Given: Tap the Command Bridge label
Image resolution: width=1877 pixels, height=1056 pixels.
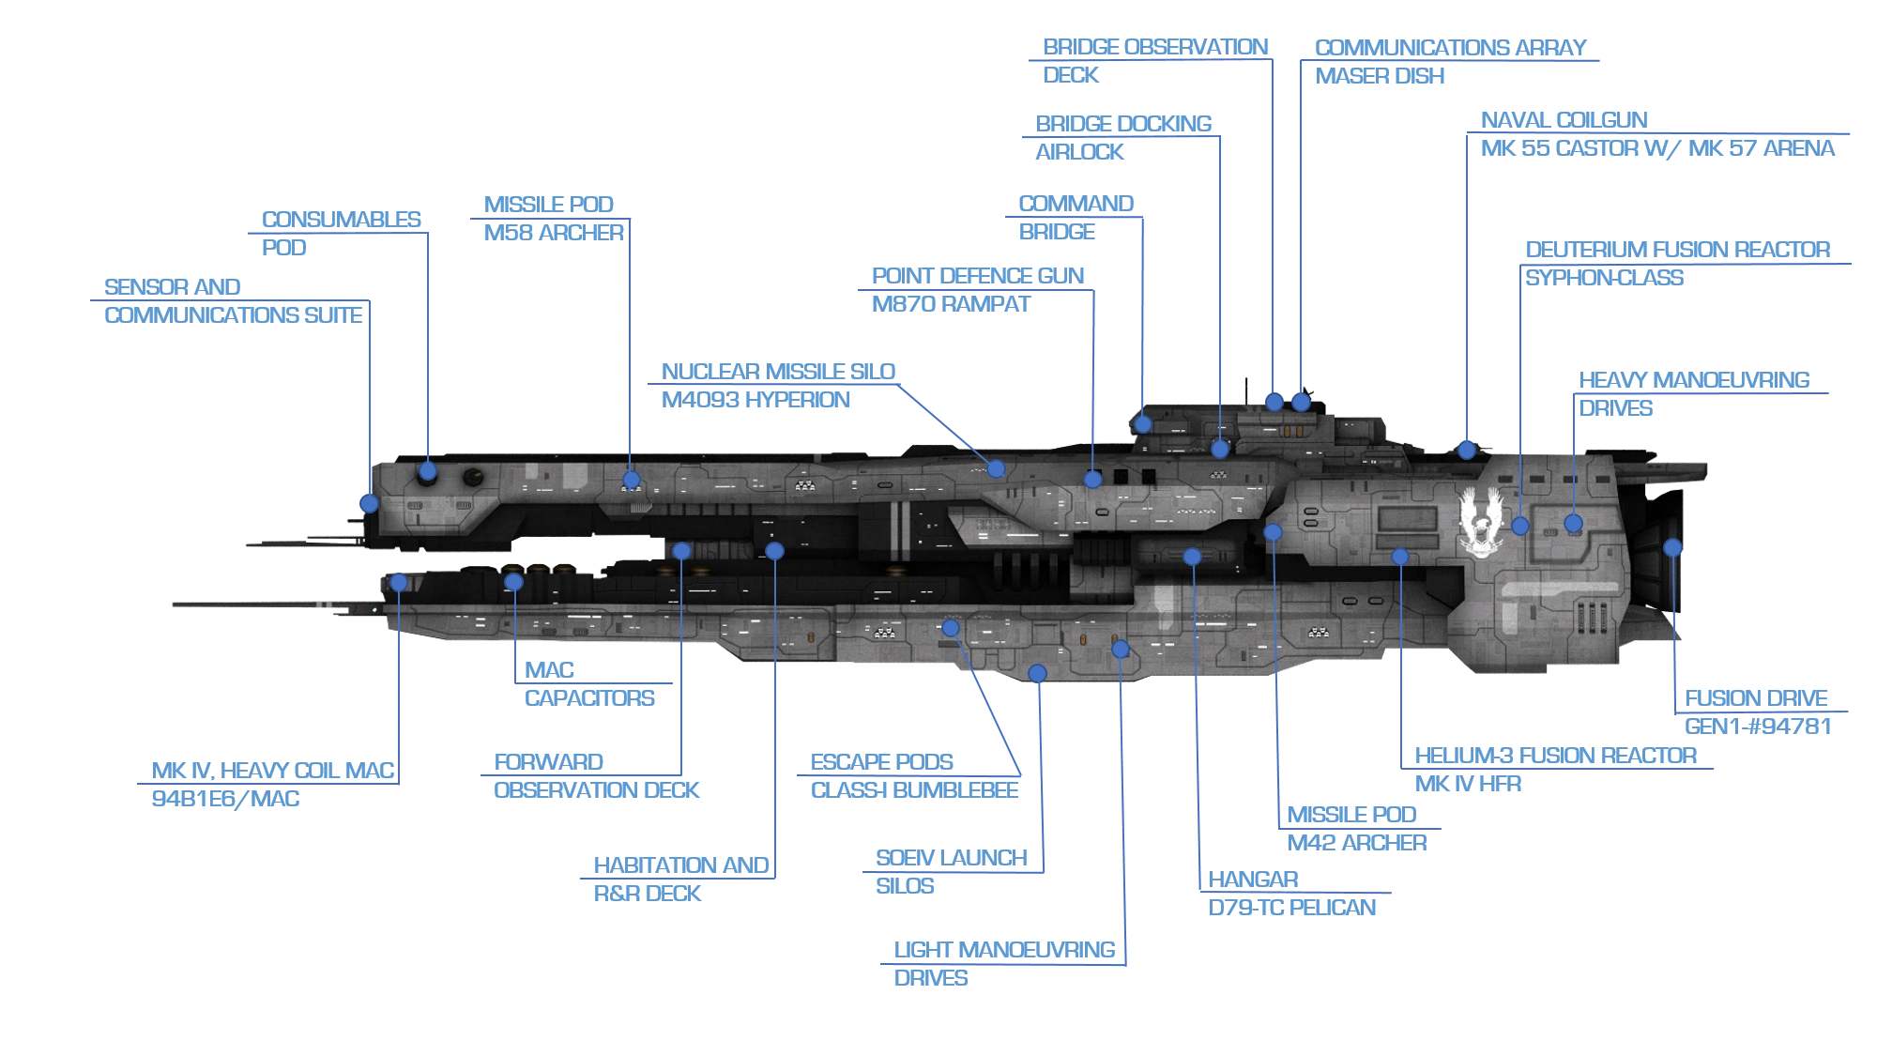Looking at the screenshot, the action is click(x=1074, y=217).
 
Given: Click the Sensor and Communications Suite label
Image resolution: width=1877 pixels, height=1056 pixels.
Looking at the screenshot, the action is click(x=233, y=300).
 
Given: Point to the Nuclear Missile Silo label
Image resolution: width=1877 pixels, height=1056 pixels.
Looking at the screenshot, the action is click(x=778, y=386).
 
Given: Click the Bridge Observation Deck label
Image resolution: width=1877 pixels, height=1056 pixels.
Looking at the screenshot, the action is click(x=1154, y=60).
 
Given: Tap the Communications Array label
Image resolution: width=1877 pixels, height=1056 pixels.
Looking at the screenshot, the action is click(x=1449, y=62).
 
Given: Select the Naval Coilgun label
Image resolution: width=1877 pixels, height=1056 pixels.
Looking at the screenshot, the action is click(x=1656, y=132).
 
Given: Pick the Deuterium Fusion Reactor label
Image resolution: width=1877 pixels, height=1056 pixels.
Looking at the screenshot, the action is click(x=1676, y=264).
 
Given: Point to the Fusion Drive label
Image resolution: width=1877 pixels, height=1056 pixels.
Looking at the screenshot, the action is click(x=1755, y=711).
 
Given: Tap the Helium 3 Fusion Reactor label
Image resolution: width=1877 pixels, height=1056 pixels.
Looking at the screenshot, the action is click(x=1554, y=770).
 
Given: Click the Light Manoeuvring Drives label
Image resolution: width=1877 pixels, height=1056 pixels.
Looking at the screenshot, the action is click(x=1005, y=964).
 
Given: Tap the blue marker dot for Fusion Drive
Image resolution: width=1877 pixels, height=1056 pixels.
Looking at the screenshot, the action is click(x=1672, y=547).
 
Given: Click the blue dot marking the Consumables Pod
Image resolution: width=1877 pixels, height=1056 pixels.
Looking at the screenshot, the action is click(x=428, y=471).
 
